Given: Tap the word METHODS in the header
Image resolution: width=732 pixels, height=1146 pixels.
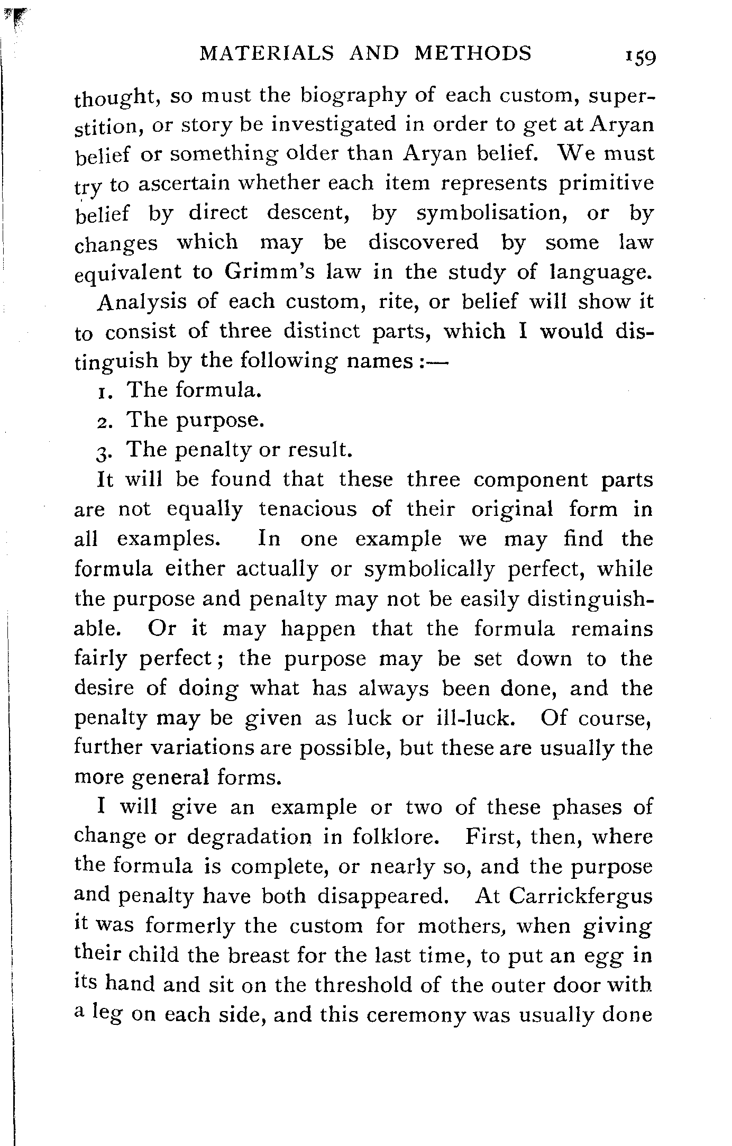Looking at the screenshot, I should pyautogui.click(x=472, y=53).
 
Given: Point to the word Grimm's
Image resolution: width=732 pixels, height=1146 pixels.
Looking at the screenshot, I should pyautogui.click(x=270, y=272).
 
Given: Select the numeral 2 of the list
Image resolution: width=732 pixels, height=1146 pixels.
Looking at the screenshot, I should pyautogui.click(x=103, y=421).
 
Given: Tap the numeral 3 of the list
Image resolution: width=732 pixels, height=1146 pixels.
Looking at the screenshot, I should pyautogui.click(x=103, y=451).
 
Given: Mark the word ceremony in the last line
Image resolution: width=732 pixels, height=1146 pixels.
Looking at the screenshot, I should pyautogui.click(x=407, y=1016).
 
